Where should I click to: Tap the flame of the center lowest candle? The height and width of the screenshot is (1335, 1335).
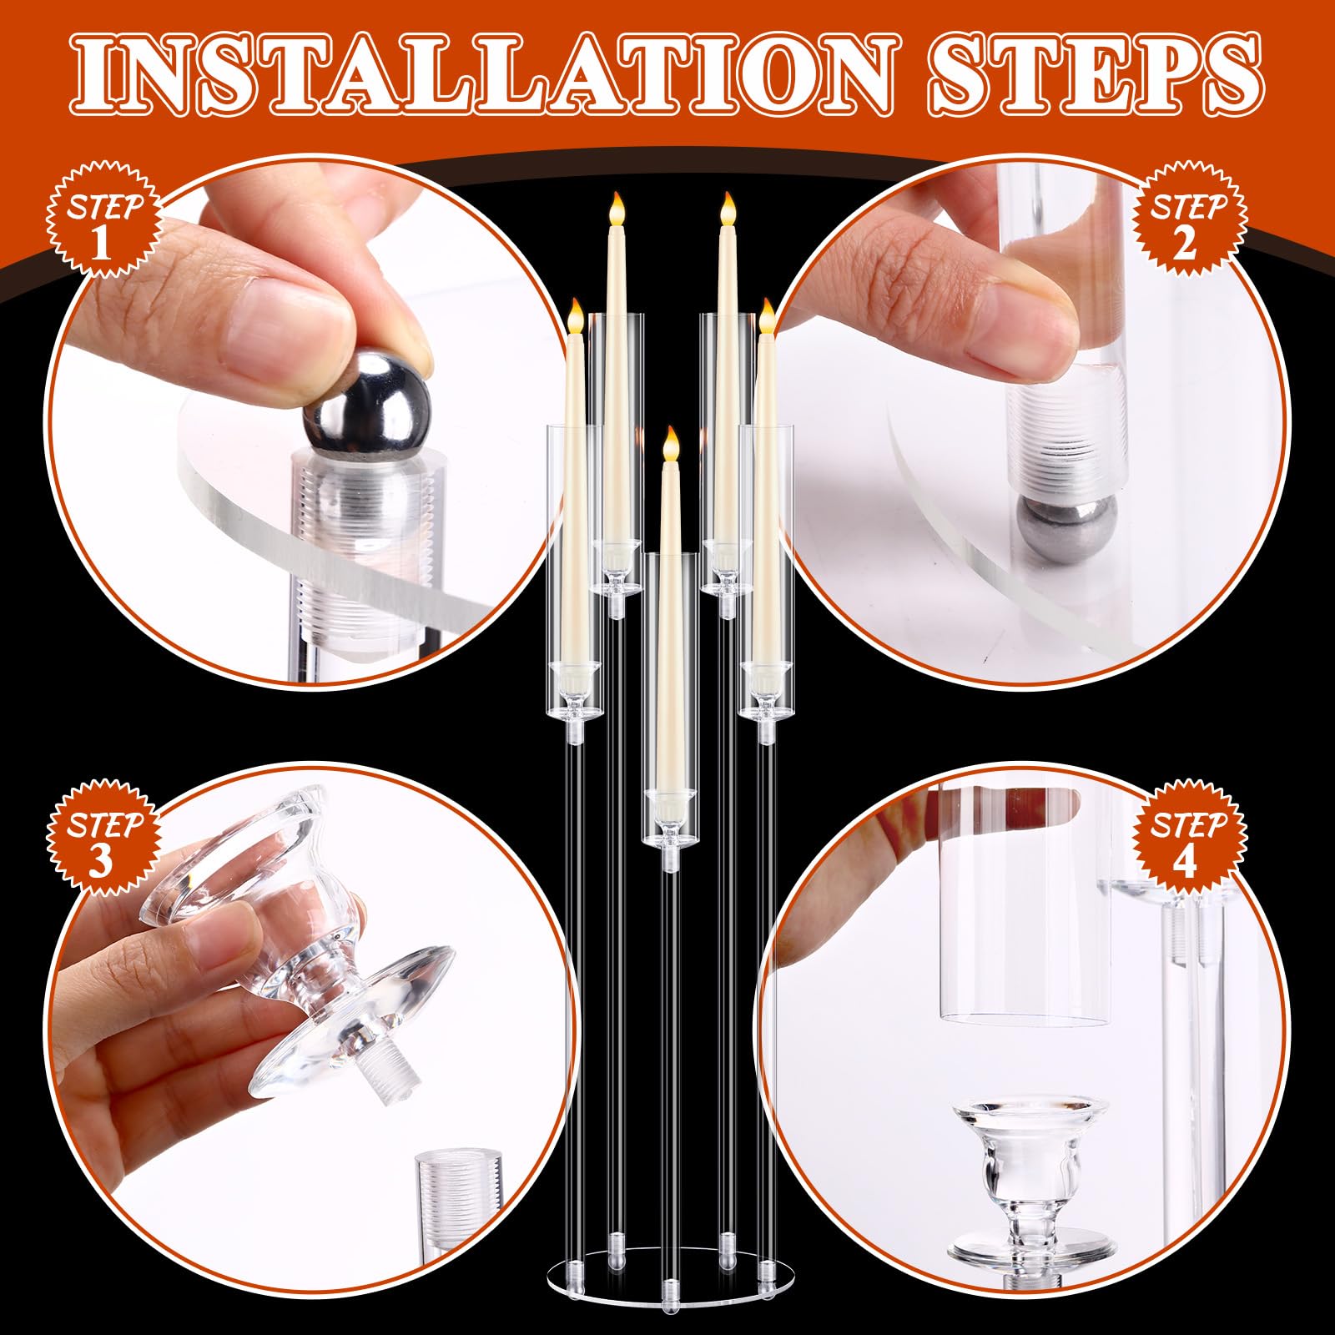click(667, 443)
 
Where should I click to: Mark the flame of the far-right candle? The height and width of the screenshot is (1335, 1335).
click(767, 317)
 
